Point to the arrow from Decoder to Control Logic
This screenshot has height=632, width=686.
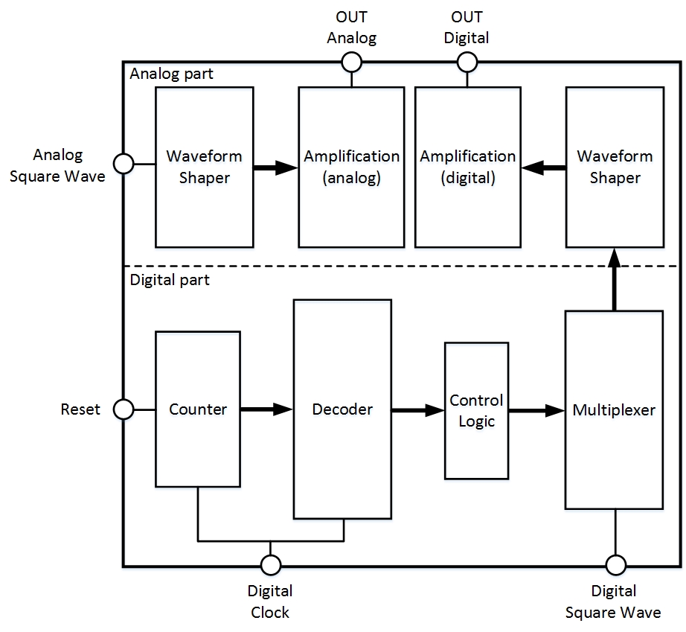tap(417, 409)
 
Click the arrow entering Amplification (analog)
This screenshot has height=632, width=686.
tap(275, 167)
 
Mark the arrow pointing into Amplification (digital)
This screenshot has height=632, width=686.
tap(543, 168)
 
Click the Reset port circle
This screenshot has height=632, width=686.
tap(123, 409)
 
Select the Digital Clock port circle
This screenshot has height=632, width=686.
tap(271, 565)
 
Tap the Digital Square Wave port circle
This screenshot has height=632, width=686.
tap(615, 565)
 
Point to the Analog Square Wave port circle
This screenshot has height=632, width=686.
tap(123, 163)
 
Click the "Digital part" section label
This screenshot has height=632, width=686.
tap(170, 281)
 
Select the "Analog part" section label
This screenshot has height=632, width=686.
tap(170, 74)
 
